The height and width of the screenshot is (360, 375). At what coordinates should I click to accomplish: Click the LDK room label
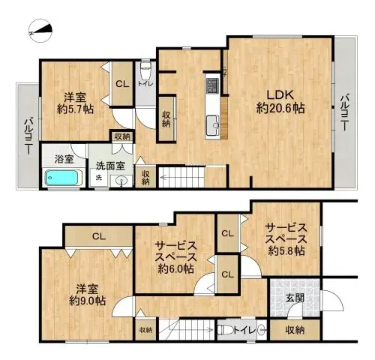tap(280, 95)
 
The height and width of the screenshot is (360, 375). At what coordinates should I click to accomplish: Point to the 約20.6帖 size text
tap(280, 109)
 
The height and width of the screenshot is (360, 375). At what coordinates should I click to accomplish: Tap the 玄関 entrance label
tap(295, 298)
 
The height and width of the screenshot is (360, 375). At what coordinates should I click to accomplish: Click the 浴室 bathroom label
tap(64, 159)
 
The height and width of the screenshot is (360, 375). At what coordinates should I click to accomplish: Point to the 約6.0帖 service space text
tap(175, 268)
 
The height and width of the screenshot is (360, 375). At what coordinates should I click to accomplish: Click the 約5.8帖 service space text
tap(284, 251)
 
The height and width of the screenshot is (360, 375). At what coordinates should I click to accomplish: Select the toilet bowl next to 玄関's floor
tap(226, 328)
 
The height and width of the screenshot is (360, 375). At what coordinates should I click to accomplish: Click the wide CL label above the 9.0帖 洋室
tap(97, 237)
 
